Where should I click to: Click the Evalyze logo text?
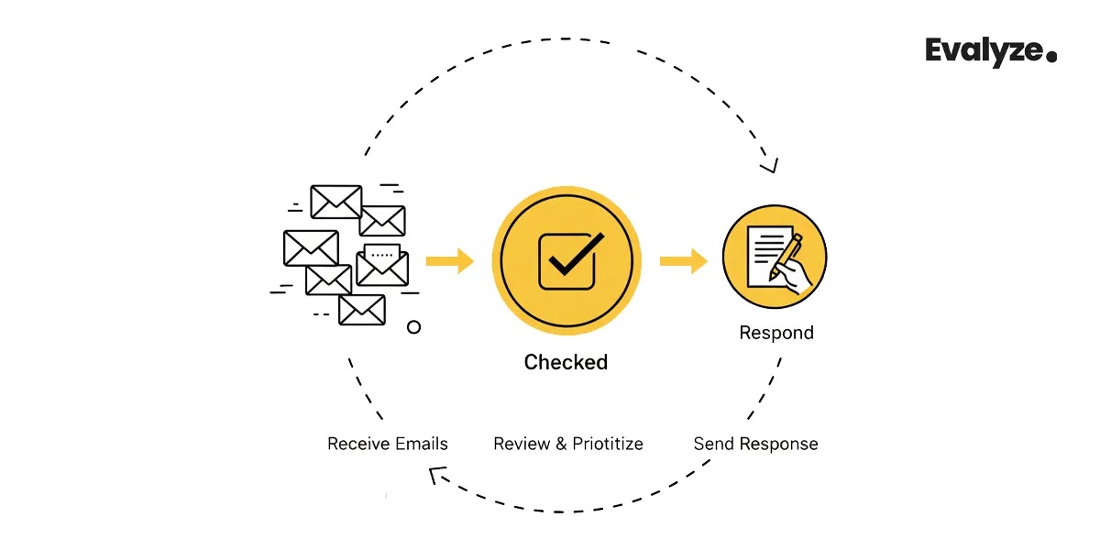click(984, 52)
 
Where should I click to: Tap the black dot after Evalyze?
click(1051, 57)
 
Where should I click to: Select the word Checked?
click(566, 362)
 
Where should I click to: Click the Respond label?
click(776, 333)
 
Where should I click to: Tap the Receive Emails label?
click(388, 444)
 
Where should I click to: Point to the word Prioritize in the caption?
click(608, 444)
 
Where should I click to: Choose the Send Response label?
click(755, 444)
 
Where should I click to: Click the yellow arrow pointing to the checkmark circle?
click(449, 261)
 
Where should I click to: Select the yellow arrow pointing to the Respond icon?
click(683, 261)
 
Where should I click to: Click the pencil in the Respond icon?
click(786, 257)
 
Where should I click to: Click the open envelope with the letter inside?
click(382, 264)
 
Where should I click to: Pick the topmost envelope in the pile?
click(336, 202)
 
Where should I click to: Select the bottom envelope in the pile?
click(361, 310)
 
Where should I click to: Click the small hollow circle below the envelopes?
click(413, 326)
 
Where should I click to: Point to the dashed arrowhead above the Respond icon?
click(769, 166)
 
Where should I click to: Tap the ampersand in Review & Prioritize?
click(561, 444)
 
